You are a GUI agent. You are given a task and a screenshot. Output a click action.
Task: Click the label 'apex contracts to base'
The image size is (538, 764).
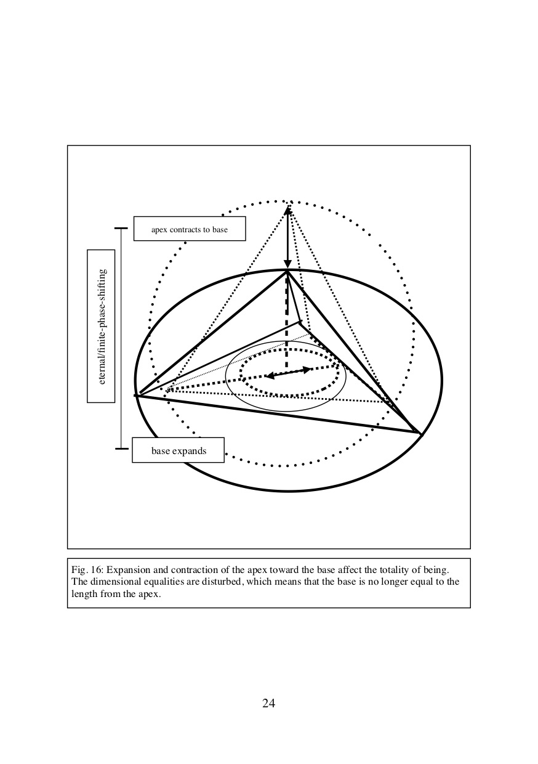(x=190, y=230)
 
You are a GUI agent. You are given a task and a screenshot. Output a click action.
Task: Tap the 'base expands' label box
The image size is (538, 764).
(x=178, y=450)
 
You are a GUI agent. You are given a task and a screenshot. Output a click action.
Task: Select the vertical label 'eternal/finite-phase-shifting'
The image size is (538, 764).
(x=102, y=327)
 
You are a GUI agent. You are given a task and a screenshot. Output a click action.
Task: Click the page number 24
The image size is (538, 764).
(x=268, y=703)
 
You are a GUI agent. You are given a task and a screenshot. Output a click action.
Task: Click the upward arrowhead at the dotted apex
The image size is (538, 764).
(x=288, y=211)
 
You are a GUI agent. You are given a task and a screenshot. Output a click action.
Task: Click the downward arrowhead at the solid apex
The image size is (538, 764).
(x=288, y=264)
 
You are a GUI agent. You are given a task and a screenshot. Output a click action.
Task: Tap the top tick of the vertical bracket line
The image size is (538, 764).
(x=121, y=228)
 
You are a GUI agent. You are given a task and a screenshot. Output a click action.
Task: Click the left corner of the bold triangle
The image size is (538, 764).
(x=136, y=396)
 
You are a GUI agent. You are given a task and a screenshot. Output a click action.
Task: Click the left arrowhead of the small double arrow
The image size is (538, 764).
(x=269, y=376)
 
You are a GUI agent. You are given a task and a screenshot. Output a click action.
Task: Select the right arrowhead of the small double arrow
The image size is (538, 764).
(x=307, y=370)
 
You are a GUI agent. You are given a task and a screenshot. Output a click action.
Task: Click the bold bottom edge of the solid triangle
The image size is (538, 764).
(x=278, y=414)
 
